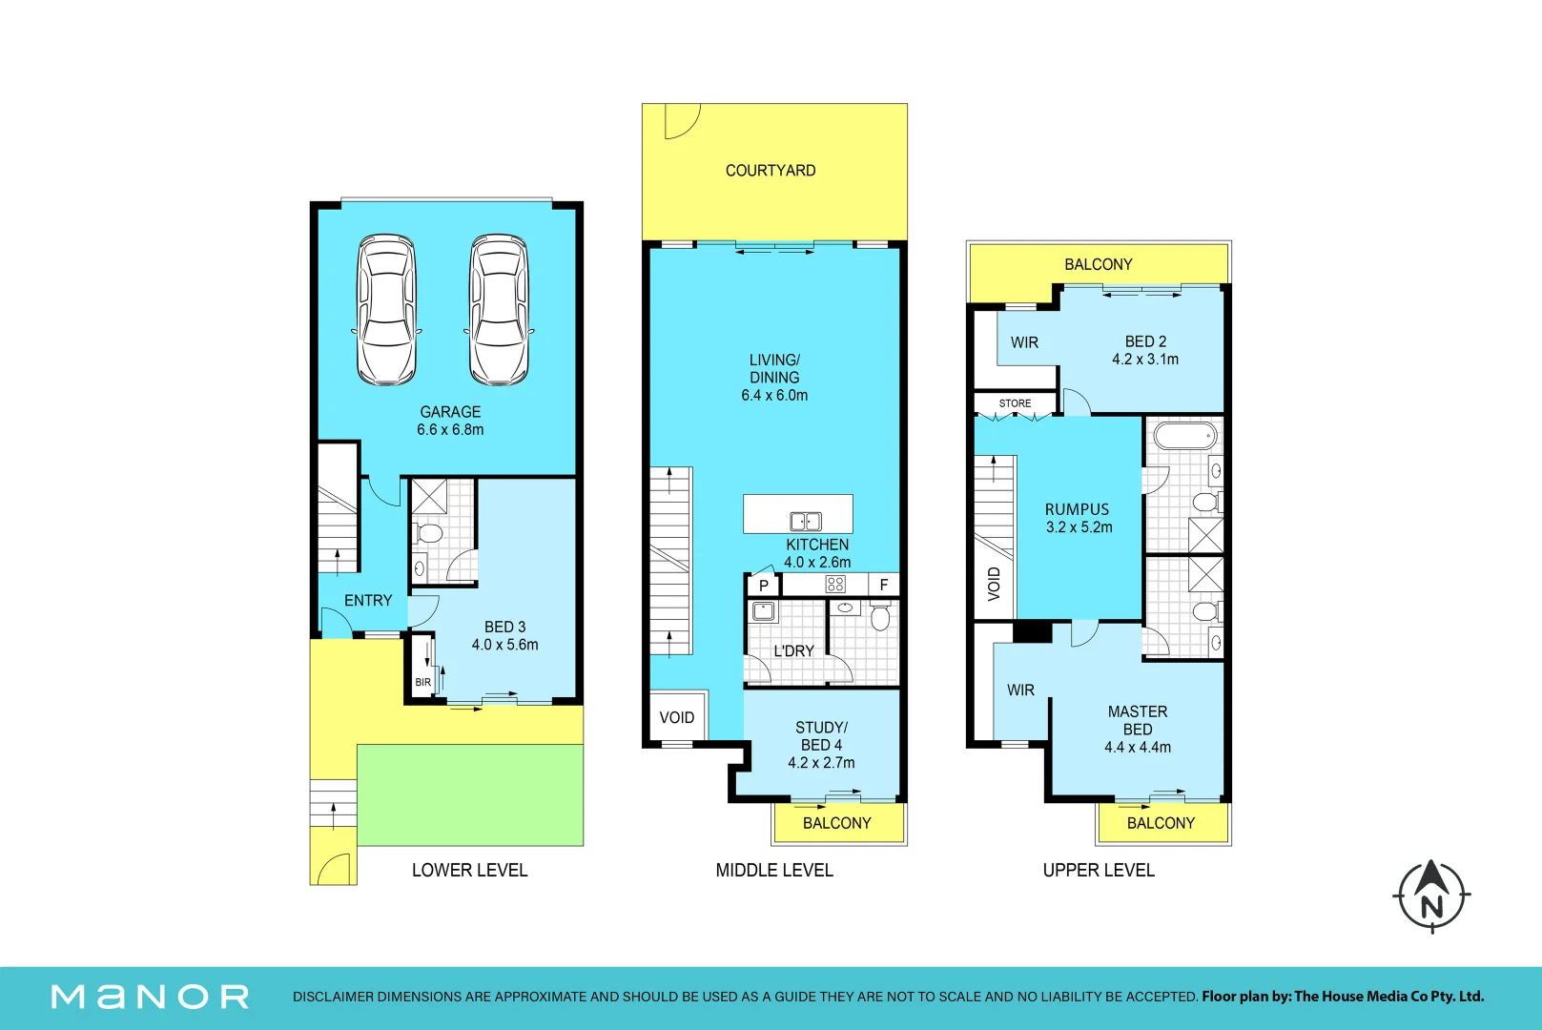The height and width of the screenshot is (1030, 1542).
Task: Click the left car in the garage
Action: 386,310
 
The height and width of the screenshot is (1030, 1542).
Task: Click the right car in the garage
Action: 499,310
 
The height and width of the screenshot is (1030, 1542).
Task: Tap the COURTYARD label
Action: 771,170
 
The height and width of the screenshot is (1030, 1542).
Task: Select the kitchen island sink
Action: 806,521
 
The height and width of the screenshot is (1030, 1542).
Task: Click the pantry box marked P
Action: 764,586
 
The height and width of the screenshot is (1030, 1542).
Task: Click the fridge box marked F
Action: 884,586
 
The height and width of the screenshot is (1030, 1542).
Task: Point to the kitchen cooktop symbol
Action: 835,585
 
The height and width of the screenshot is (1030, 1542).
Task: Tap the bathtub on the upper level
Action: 1184,435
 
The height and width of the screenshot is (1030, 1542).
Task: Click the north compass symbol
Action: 1432,896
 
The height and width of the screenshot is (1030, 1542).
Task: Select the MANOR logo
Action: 150,997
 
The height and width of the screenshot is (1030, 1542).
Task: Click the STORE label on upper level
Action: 1015,402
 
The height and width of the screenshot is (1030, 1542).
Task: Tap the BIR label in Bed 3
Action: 422,682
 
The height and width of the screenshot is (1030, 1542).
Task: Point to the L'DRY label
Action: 793,650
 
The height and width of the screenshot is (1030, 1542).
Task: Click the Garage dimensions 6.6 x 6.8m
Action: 450,429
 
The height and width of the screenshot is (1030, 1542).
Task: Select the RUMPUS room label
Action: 1077,509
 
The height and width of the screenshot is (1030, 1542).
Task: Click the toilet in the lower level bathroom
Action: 428,533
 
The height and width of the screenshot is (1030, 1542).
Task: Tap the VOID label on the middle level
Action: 677,717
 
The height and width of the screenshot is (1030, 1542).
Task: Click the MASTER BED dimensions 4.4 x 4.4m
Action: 1138,747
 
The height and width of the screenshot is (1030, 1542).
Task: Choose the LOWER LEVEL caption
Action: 469,871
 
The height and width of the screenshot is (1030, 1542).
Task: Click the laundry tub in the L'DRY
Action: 763,611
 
